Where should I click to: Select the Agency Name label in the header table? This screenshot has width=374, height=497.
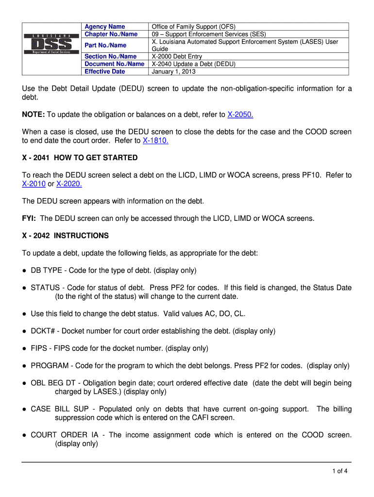click(x=104, y=27)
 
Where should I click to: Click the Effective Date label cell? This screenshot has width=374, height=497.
click(x=104, y=71)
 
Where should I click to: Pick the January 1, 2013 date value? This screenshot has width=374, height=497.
click(x=173, y=71)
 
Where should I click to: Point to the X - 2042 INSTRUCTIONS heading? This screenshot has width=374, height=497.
click(x=66, y=235)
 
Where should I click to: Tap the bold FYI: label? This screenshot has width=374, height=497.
click(x=30, y=218)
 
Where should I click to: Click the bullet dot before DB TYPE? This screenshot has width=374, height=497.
click(x=24, y=270)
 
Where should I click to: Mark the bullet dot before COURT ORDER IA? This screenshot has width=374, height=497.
click(x=24, y=435)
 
